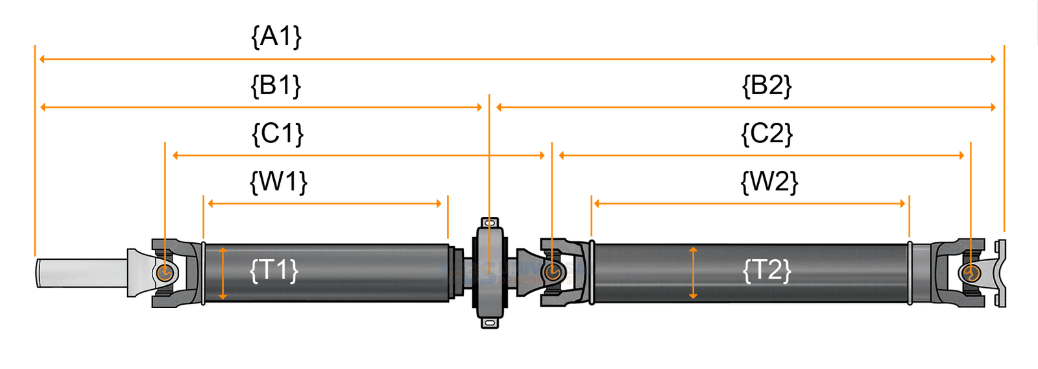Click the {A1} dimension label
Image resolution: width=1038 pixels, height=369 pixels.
click(276, 36)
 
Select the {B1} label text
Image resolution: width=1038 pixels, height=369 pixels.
click(276, 86)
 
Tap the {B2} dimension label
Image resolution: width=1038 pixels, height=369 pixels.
click(767, 86)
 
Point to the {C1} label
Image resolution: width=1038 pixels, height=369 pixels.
click(277, 134)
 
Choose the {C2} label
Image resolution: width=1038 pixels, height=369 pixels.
click(767, 134)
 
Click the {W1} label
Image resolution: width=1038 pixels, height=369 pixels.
click(278, 182)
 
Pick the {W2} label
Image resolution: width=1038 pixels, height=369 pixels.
click(769, 182)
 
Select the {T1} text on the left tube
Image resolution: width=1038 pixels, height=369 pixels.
click(274, 270)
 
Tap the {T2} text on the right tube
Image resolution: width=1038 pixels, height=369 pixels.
click(767, 270)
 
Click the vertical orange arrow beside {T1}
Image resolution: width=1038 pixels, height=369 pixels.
click(223, 273)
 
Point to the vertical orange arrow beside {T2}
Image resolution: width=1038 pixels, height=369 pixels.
click(693, 273)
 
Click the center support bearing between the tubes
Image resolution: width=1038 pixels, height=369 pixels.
click(490, 273)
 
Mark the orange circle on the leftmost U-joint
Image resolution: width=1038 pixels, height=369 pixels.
click(165, 272)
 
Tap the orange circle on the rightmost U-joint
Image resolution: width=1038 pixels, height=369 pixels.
click(971, 272)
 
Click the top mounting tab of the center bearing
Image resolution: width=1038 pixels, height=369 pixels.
click(490, 223)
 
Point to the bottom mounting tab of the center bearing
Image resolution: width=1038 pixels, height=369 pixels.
click(490, 322)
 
